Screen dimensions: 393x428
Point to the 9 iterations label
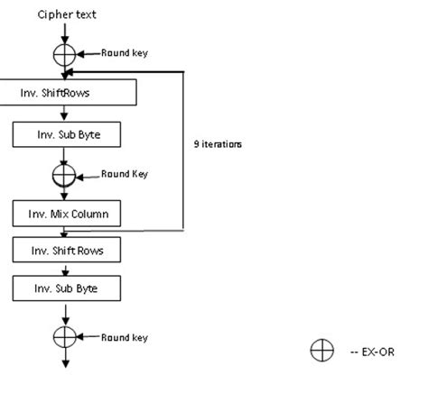[218, 143]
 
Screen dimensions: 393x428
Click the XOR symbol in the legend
[321, 352]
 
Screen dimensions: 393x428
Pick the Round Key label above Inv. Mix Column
[124, 173]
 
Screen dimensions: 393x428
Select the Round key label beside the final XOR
[124, 337]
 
